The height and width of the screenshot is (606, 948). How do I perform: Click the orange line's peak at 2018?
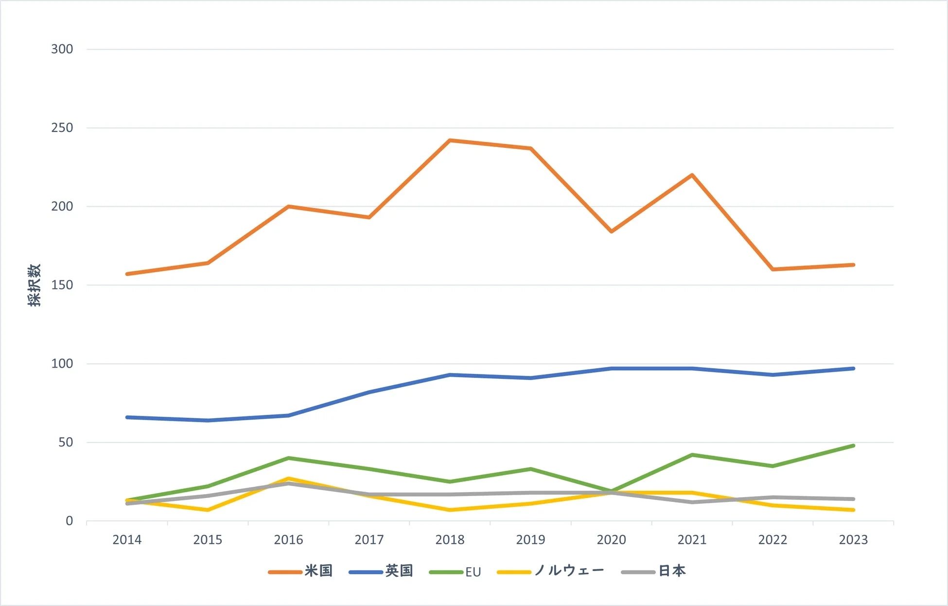[450, 141]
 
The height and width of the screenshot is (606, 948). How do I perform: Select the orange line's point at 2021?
[692, 175]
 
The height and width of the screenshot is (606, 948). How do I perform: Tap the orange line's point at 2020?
[611, 232]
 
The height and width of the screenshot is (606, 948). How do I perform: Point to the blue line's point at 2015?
[208, 420]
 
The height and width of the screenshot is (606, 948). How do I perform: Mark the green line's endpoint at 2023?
[853, 446]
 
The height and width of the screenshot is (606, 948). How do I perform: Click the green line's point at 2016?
[288, 458]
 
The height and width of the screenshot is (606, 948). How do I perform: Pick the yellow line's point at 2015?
[208, 510]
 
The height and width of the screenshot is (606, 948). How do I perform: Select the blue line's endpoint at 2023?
[853, 369]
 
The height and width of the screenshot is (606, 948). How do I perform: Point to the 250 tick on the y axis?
[62, 128]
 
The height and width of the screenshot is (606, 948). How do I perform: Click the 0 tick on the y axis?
[69, 521]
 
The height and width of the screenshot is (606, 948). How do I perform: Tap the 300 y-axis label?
[62, 49]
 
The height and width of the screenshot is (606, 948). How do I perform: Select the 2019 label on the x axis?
[530, 540]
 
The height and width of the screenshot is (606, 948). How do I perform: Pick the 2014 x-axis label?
[127, 540]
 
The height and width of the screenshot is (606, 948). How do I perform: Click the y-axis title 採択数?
[34, 285]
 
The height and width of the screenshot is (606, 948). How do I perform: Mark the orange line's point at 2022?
[772, 269]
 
